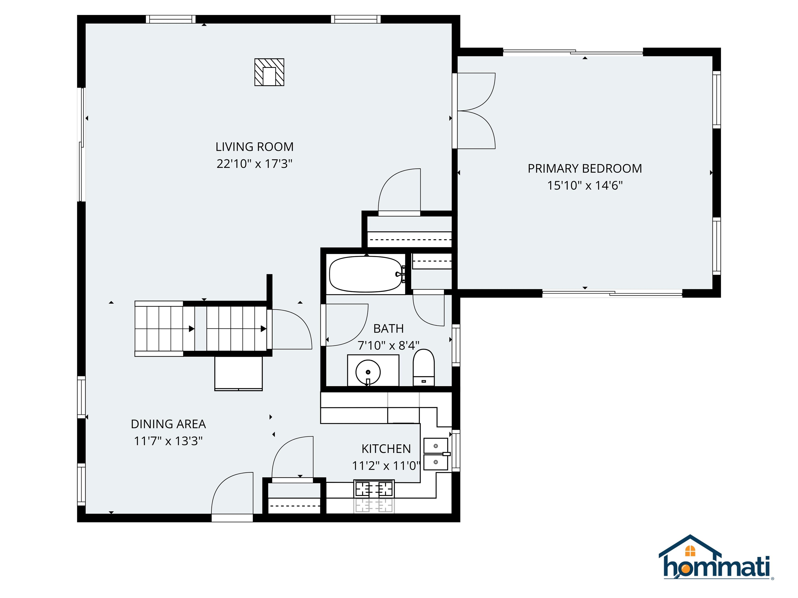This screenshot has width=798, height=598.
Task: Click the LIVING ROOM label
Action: point(254,147)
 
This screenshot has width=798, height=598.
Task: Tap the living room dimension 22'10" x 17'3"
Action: point(254,164)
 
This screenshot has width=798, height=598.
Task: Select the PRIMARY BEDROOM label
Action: point(584,168)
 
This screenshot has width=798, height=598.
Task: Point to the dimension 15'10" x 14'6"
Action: point(584,185)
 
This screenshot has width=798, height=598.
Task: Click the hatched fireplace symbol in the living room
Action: point(269,72)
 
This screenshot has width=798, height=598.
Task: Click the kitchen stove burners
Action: point(374,489)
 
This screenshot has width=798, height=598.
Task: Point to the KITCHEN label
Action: point(386,449)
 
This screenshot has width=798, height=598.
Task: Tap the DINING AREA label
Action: point(168,424)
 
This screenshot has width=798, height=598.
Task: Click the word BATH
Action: point(388,328)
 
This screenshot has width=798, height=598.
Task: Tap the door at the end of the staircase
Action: point(290,329)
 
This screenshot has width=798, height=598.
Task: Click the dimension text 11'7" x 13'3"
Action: point(168,441)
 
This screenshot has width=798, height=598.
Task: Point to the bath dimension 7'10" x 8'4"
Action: point(388,345)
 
